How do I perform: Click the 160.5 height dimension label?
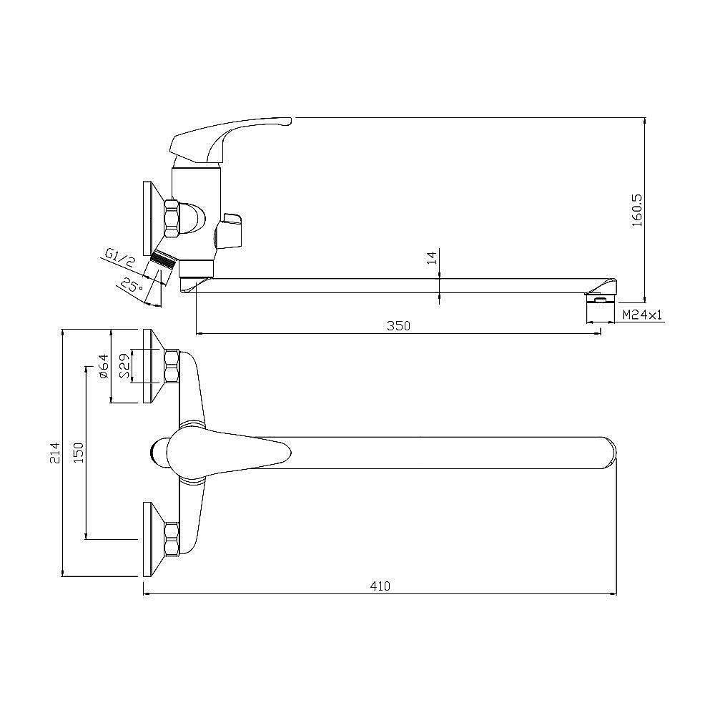(638, 210)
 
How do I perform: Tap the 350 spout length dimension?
(398, 326)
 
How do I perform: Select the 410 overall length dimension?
(380, 586)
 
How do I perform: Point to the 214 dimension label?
(55, 453)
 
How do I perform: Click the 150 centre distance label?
(79, 453)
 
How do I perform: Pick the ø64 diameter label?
(104, 365)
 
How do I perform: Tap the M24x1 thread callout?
(642, 314)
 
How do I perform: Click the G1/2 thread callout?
(120, 257)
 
